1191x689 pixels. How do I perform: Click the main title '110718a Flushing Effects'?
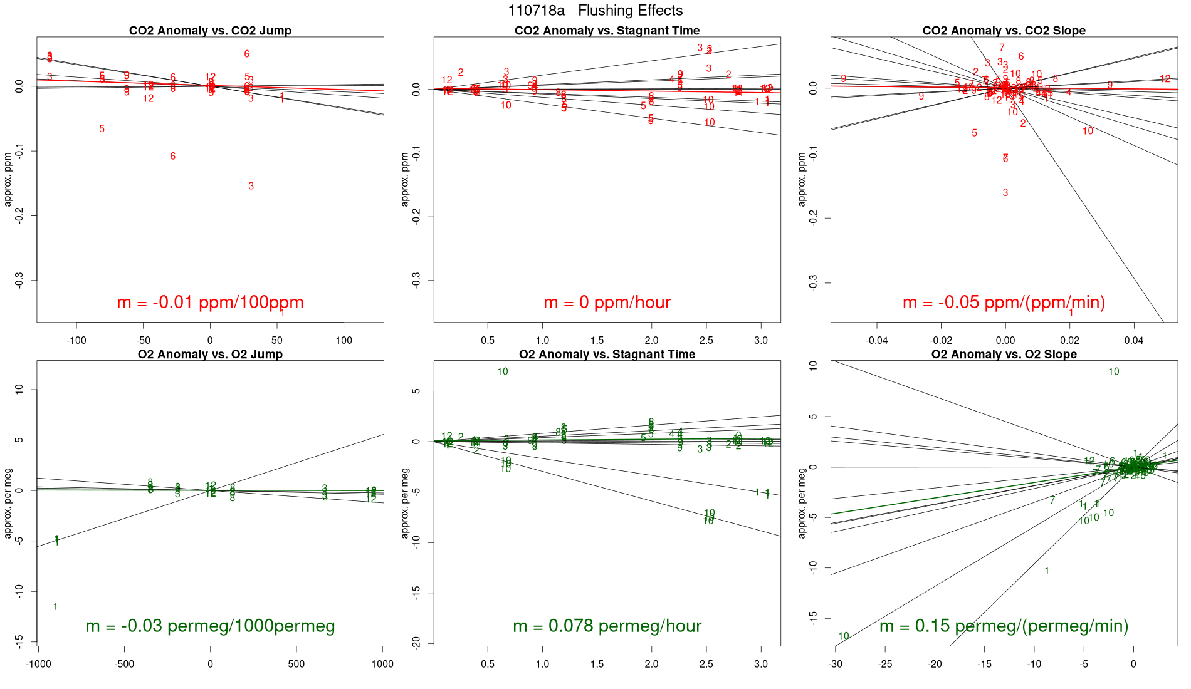(595, 11)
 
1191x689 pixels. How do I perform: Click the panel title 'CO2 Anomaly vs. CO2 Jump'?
(210, 31)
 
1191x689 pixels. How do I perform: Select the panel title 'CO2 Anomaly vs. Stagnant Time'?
(607, 31)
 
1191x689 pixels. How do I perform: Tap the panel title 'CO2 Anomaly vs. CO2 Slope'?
(1004, 31)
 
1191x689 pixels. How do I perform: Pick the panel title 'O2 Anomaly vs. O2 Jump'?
(210, 355)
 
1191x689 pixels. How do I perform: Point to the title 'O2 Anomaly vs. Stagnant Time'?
(607, 355)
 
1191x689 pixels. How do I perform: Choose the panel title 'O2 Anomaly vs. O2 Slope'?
(1004, 355)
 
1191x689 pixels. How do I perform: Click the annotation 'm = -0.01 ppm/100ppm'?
(210, 303)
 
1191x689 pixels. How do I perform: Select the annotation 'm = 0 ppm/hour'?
(607, 303)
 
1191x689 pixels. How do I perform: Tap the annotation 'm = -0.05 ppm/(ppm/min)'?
(1004, 303)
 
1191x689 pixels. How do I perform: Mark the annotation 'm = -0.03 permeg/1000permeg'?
(210, 626)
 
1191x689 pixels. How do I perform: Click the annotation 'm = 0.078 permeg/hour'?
(607, 626)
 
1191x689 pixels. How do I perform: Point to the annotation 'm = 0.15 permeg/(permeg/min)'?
(1004, 626)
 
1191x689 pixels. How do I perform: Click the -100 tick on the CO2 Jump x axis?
(76, 341)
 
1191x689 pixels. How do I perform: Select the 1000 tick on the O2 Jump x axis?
(382, 665)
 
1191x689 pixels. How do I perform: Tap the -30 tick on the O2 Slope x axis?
(835, 665)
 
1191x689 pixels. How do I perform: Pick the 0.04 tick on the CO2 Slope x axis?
(1133, 341)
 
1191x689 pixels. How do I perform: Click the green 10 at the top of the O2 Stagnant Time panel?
(503, 372)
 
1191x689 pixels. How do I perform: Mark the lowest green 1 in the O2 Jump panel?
(56, 607)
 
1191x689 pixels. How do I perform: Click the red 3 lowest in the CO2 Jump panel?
(251, 186)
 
